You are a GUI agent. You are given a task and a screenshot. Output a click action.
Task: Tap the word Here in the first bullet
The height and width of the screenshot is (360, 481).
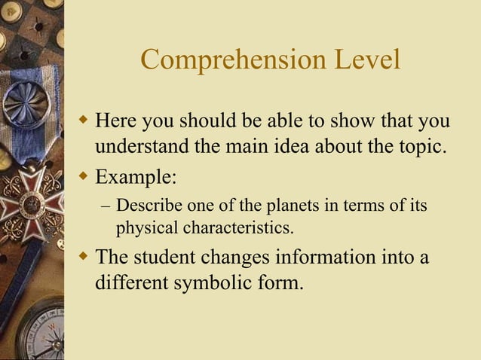[x=120, y=121]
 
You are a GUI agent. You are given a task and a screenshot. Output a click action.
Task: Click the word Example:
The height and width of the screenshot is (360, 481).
[x=136, y=179]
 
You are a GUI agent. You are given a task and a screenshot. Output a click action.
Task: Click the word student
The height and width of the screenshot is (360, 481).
[x=167, y=257]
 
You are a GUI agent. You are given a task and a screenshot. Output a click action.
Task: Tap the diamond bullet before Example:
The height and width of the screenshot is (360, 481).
[x=84, y=178]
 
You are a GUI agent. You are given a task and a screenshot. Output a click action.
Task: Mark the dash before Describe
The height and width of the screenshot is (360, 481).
[x=106, y=205]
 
